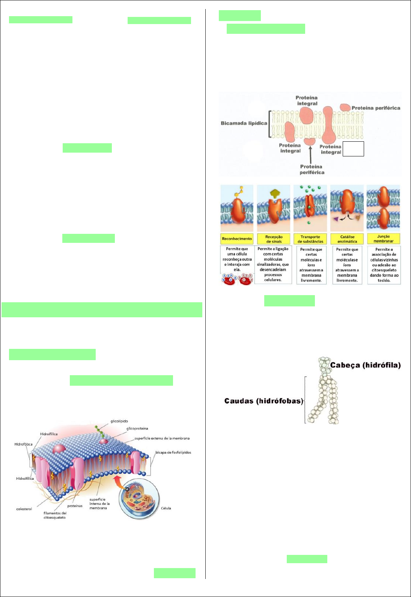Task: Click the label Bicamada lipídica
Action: tap(244, 123)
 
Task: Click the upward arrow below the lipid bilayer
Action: tap(310, 154)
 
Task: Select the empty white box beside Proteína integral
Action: tap(353, 149)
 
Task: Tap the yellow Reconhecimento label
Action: tap(237, 239)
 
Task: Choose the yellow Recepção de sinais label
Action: tap(274, 239)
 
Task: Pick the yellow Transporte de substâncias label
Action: tap(310, 239)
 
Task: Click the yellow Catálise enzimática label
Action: tap(347, 239)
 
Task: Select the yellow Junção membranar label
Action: tap(383, 239)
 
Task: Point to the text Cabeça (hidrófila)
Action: tap(365, 365)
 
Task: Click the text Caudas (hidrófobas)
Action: tap(263, 401)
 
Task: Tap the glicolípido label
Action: tap(119, 421)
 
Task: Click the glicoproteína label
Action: tap(137, 429)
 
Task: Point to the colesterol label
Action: tap(24, 509)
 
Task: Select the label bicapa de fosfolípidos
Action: tap(173, 452)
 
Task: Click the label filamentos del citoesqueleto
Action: tap(54, 515)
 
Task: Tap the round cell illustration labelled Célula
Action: tap(139, 500)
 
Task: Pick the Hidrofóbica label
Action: tap(23, 444)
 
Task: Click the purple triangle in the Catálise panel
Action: tap(336, 219)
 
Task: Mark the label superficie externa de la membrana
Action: tap(162, 438)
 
